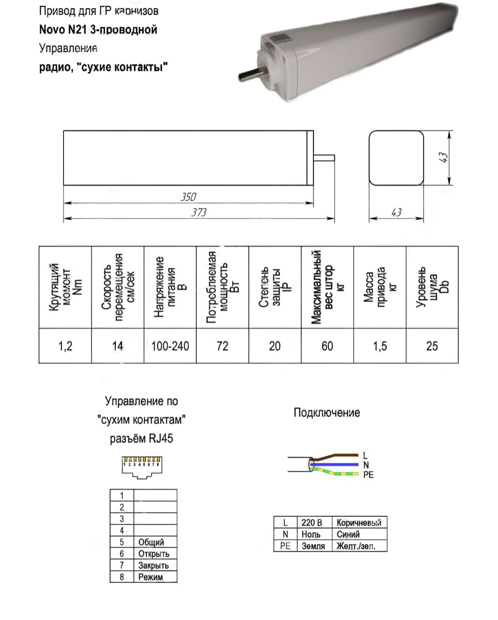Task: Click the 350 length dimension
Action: (188, 197)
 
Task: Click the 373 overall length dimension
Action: (199, 212)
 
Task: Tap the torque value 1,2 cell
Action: (65, 346)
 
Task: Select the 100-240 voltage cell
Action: (170, 346)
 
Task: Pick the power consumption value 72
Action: (222, 346)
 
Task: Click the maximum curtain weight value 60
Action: (327, 346)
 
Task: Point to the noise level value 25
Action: (432, 346)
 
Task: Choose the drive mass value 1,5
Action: (380, 346)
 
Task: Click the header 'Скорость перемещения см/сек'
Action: (118, 287)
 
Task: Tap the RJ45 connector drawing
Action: (141, 467)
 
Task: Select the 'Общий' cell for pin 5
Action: (151, 542)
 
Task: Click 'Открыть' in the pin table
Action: (154, 554)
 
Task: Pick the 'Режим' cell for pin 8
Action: (151, 577)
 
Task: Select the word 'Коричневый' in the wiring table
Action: (359, 523)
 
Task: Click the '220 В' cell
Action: (311, 523)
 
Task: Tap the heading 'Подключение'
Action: (327, 413)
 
